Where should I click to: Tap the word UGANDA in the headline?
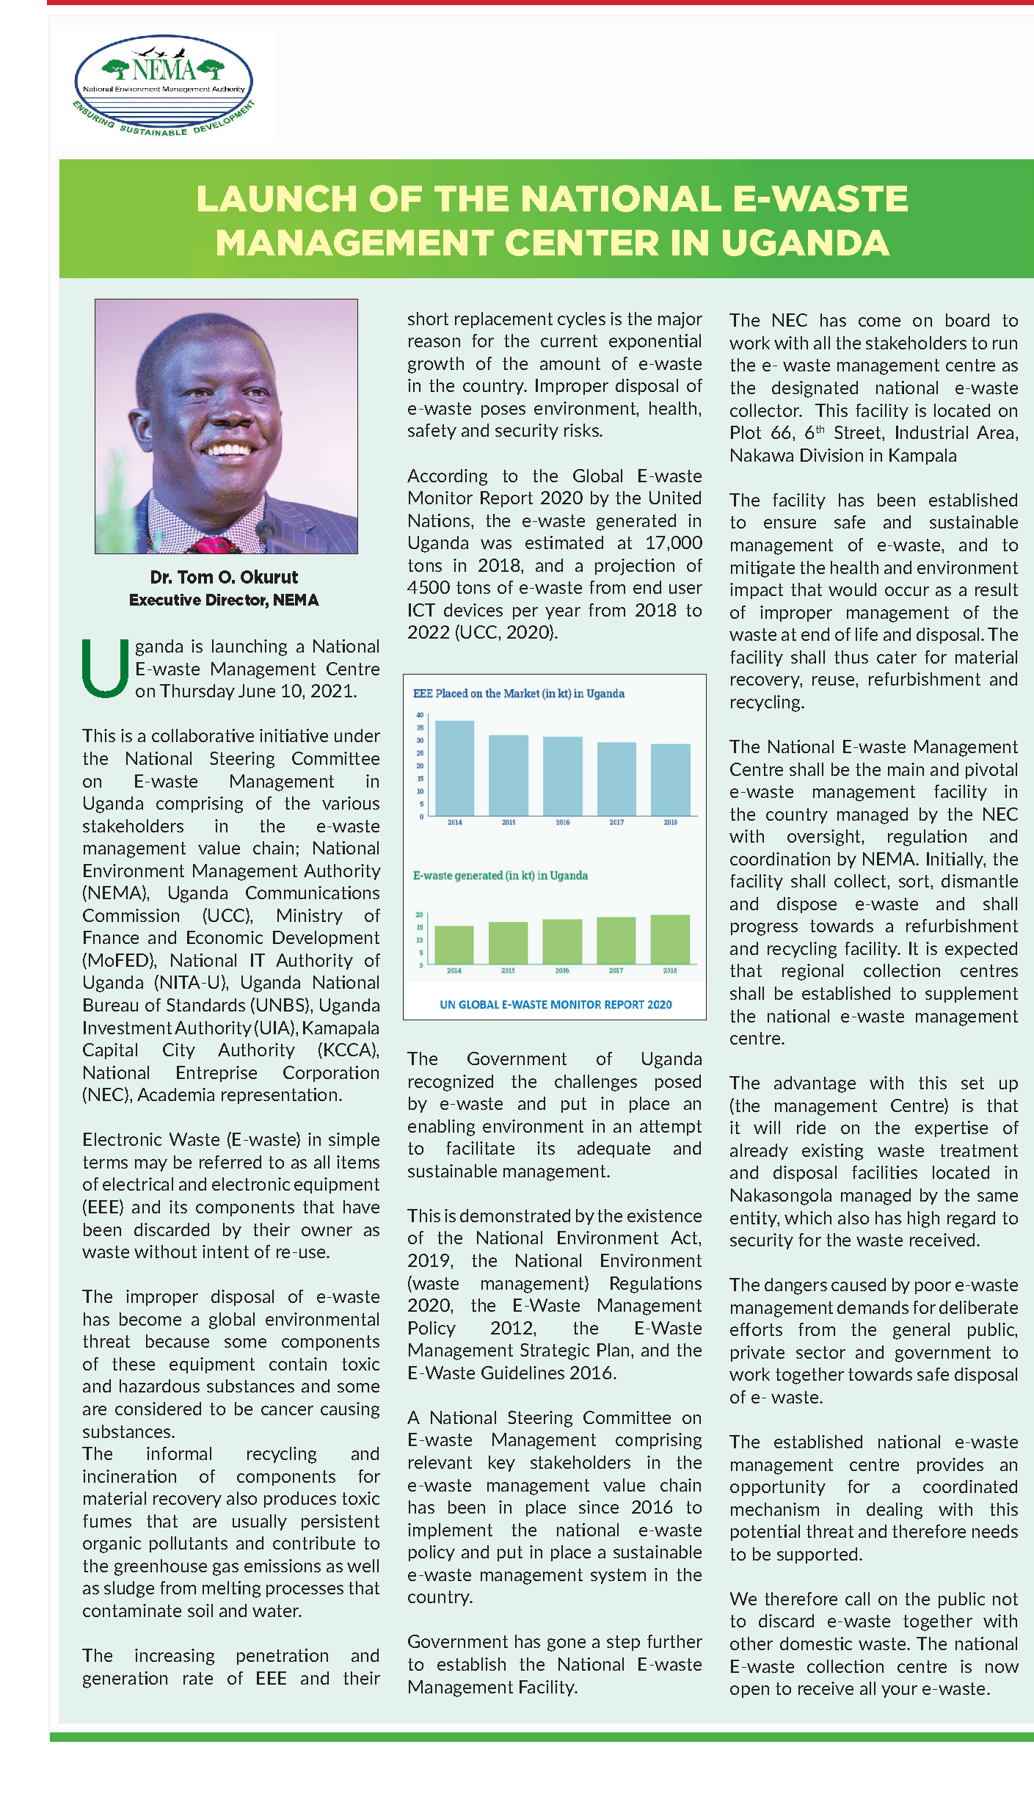pos(805,244)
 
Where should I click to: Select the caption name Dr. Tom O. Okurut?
pos(224,577)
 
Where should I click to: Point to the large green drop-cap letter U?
pos(105,668)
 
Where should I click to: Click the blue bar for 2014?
pos(454,768)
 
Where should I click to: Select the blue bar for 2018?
pos(670,780)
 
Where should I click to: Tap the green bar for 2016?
pos(562,941)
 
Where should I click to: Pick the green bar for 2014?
pos(454,945)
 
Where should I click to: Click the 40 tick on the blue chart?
pos(420,715)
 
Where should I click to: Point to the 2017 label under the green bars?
pos(616,970)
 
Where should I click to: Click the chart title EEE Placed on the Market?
pos(518,694)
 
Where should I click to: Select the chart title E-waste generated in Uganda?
pos(500,875)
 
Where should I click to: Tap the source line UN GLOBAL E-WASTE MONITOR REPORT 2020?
pos(556,1004)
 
